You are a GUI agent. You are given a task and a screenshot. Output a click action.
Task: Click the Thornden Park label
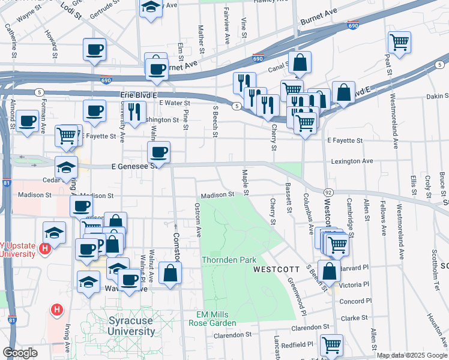pyautogui.click(x=229, y=260)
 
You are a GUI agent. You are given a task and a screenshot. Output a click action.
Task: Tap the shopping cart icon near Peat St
pyautogui.click(x=399, y=43)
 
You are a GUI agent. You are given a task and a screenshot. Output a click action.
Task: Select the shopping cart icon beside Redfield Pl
pyautogui.click(x=331, y=345)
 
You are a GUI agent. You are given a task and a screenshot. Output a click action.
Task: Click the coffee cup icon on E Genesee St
pyautogui.click(x=158, y=152)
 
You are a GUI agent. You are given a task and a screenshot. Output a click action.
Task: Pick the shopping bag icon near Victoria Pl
pyautogui.click(x=330, y=271)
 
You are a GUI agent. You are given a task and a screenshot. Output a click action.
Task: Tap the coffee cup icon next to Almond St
pyautogui.click(x=28, y=121)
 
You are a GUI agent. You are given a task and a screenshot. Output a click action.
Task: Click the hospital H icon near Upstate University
pyautogui.click(x=44, y=248)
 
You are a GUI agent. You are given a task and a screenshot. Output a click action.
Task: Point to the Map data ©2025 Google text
pyautogui.click(x=411, y=355)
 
